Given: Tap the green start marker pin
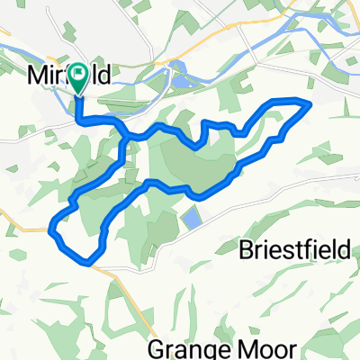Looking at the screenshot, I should tap(77, 77).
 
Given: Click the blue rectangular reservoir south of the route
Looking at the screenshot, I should tap(192, 219).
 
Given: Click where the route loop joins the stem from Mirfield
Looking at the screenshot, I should tap(123, 135).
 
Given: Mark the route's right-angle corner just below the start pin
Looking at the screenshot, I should tap(78, 119).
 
